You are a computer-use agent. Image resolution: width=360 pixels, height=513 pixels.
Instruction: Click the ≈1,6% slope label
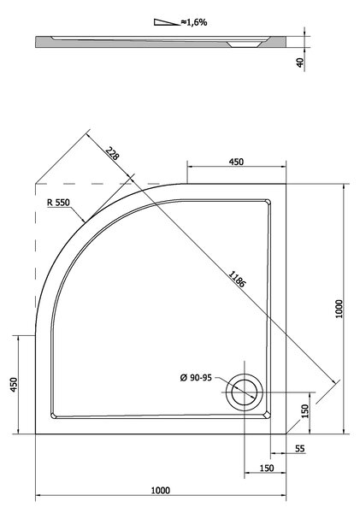(194, 22)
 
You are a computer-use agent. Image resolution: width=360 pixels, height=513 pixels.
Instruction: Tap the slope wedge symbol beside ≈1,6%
(165, 22)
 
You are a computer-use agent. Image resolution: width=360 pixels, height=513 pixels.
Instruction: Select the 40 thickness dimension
(300, 62)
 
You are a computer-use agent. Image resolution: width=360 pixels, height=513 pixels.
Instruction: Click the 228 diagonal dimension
(112, 152)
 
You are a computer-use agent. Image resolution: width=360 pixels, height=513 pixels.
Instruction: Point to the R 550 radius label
(58, 203)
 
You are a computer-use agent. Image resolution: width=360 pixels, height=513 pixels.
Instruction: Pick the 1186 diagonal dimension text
(237, 279)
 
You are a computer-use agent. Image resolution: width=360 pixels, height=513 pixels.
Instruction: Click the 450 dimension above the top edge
(236, 162)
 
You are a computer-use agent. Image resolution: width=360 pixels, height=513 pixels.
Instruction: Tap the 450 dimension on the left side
(14, 385)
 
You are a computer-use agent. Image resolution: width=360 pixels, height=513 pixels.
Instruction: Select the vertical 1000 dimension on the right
(339, 309)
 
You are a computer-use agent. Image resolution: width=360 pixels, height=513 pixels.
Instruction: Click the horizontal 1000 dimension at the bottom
(161, 491)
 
